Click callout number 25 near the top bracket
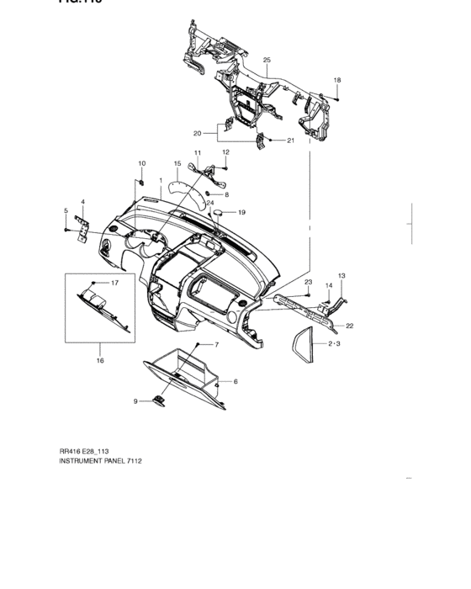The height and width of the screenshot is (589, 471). [x=267, y=61]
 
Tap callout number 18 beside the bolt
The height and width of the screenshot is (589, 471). [x=337, y=80]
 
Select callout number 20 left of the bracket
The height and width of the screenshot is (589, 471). [x=197, y=133]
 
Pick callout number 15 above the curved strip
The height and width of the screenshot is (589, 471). [x=177, y=163]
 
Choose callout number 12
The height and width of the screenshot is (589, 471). [x=225, y=151]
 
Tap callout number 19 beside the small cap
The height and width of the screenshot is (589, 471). [x=241, y=213]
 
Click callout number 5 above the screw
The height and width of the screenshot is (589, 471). [x=66, y=210]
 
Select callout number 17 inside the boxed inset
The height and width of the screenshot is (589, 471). [x=115, y=284]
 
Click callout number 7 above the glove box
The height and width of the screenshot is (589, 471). [x=215, y=345]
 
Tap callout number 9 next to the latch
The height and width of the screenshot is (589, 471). [x=135, y=401]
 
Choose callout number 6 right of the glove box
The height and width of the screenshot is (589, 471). [x=235, y=381]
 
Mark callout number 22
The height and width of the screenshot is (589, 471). [x=349, y=325]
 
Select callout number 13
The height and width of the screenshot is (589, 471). [x=341, y=276]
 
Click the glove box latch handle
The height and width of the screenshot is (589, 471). [x=158, y=401]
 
